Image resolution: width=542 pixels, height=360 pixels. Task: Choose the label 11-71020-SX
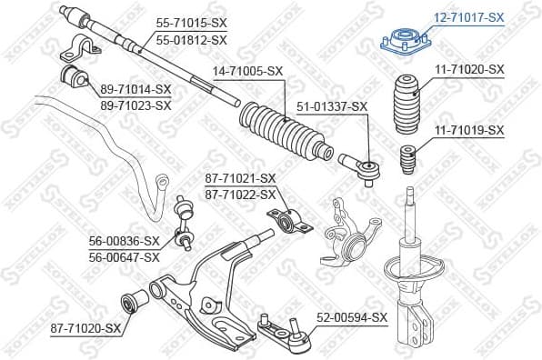(468, 69)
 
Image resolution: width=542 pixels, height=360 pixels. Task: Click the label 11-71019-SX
(468, 130)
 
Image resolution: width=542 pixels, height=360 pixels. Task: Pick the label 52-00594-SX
(352, 317)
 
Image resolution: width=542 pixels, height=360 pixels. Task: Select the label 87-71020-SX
(85, 327)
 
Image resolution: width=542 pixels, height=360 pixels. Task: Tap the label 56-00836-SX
(124, 241)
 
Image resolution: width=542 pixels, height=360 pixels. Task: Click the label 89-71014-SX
(135, 88)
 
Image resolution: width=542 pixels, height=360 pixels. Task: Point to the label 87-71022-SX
(240, 195)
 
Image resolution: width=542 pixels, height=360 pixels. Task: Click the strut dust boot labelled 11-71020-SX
(405, 101)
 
